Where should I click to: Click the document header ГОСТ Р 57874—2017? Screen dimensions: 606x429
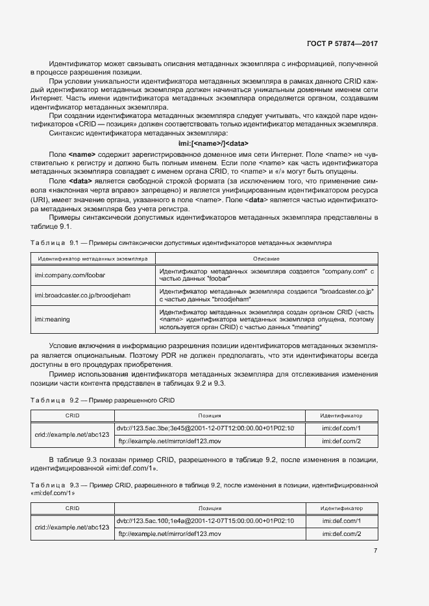click(x=341, y=43)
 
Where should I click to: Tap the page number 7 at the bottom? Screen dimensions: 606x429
click(x=376, y=550)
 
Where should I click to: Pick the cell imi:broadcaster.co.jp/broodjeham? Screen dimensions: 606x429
click(x=82, y=295)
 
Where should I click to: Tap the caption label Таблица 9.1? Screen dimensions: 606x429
click(x=54, y=242)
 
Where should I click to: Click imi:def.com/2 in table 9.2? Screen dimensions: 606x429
click(x=341, y=441)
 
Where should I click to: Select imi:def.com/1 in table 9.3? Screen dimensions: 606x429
click(x=341, y=521)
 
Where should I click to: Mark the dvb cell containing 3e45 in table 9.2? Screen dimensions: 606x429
click(x=205, y=428)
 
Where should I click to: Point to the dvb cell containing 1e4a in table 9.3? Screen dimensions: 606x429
click(x=205, y=521)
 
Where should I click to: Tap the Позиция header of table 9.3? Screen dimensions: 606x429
click(x=210, y=509)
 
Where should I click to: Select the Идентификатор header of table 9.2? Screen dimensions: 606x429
click(x=341, y=416)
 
